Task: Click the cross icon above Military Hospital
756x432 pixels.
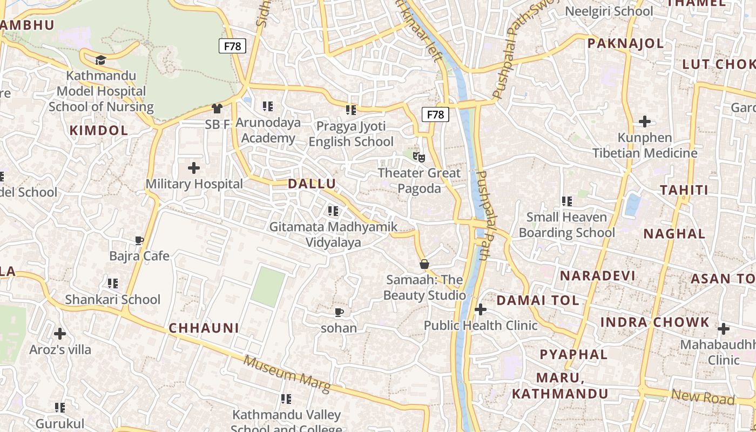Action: tap(194, 168)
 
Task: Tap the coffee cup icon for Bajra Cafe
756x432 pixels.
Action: tap(139, 240)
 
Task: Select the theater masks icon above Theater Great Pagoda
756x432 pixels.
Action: tap(419, 157)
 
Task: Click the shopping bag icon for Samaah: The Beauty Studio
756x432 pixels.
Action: tap(424, 264)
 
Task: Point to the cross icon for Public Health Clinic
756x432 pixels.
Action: tap(480, 309)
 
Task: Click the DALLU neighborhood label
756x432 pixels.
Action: tap(312, 184)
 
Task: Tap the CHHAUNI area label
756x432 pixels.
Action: tap(204, 328)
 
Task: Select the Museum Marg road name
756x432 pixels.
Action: tap(286, 374)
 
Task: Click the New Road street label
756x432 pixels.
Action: tap(703, 397)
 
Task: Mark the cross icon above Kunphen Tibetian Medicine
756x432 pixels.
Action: tap(645, 122)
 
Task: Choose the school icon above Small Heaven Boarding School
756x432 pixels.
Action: tap(566, 201)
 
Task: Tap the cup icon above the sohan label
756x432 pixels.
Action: tap(339, 312)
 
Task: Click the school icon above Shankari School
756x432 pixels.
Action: tap(113, 283)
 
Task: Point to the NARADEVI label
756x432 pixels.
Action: tap(597, 276)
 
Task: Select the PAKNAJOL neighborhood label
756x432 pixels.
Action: tap(625, 44)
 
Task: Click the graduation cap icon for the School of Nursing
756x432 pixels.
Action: tap(101, 59)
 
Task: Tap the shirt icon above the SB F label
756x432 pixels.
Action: tap(217, 109)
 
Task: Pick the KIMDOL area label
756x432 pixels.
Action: tap(99, 130)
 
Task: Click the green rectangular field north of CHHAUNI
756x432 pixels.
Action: tap(268, 287)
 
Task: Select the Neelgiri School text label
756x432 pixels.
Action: tap(609, 11)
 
